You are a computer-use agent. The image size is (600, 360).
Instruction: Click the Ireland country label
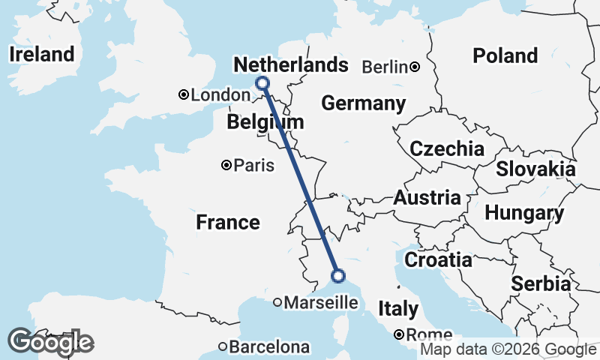click(x=41, y=54)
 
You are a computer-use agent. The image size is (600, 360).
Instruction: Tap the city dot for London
click(x=183, y=94)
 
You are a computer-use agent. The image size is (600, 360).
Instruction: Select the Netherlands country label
click(x=291, y=65)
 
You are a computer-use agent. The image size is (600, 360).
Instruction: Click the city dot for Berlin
click(x=415, y=67)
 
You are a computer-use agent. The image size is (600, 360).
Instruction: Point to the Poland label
click(x=505, y=55)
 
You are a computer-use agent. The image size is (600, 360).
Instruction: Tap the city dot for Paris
click(x=226, y=166)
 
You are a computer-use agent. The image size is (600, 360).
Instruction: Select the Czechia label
click(x=446, y=148)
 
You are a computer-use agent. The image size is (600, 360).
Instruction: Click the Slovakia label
click(x=535, y=169)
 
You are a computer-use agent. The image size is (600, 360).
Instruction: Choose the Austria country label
click(x=427, y=198)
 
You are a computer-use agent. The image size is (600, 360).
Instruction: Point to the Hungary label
click(x=524, y=213)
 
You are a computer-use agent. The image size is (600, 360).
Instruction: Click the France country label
click(x=228, y=222)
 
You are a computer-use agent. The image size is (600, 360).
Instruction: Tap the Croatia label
click(x=438, y=260)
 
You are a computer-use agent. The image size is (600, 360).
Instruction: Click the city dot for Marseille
click(x=277, y=303)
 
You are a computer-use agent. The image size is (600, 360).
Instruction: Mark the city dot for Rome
click(x=400, y=334)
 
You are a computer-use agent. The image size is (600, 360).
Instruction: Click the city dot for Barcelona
click(x=223, y=346)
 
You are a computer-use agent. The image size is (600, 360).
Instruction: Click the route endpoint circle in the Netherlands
click(x=262, y=83)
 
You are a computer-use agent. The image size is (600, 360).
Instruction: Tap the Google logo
click(x=50, y=342)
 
